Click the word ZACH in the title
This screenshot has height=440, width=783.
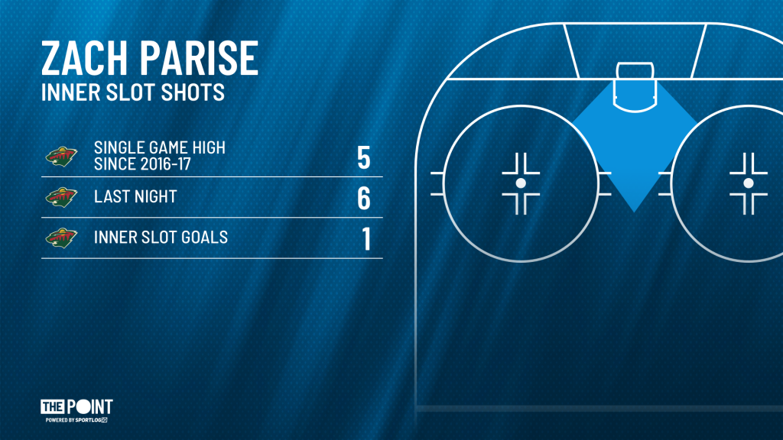pyautogui.click(x=84, y=58)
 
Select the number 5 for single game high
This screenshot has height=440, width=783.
pyautogui.click(x=363, y=157)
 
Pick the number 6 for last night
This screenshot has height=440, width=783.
pyautogui.click(x=363, y=198)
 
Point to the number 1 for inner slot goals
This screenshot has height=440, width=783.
pyautogui.click(x=366, y=238)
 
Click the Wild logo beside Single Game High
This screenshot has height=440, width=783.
pyautogui.click(x=61, y=157)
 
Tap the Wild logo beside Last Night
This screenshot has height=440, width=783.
pyautogui.click(x=61, y=197)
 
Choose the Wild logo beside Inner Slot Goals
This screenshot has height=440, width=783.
pyautogui.click(x=61, y=238)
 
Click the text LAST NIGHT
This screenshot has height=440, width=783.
pyautogui.click(x=135, y=196)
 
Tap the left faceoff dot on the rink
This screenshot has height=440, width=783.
pyautogui.click(x=521, y=183)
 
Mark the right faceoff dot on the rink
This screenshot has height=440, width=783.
pyautogui.click(x=748, y=183)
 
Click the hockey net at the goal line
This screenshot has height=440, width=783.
pyautogui.click(x=635, y=70)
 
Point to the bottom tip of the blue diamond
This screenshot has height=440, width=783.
pyautogui.click(x=634, y=212)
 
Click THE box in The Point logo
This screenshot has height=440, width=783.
pyautogui.click(x=53, y=406)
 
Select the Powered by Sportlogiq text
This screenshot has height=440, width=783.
pyautogui.click(x=76, y=420)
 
